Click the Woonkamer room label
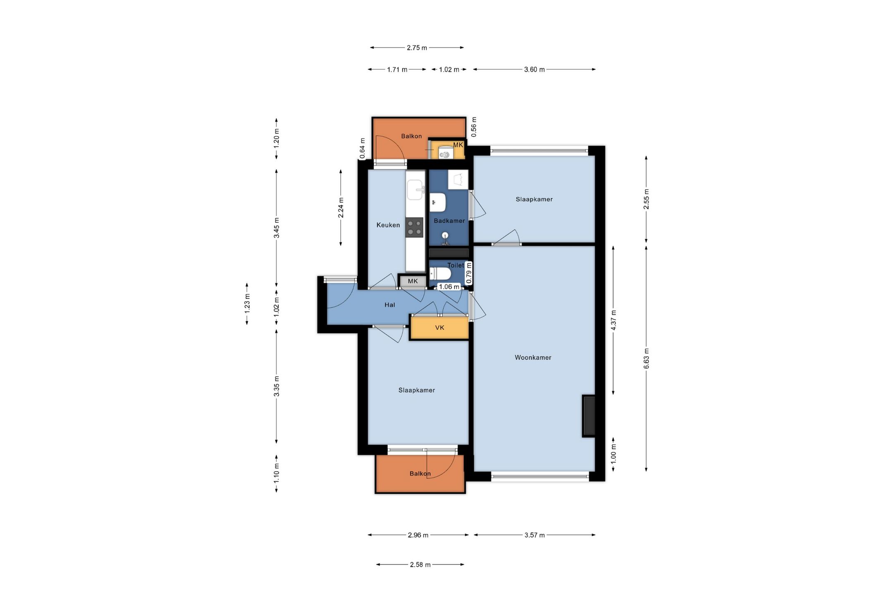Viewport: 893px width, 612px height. point(533,357)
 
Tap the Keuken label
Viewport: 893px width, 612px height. point(388,225)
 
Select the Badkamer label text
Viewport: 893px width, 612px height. point(449,221)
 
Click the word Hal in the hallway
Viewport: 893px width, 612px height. point(390,305)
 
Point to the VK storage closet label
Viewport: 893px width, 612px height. point(439,328)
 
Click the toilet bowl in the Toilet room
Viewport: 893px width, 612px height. point(440,274)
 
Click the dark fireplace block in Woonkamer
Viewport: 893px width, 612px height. point(589,416)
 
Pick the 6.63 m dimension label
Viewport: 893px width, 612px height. point(647,359)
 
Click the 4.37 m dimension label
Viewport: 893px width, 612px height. point(614,320)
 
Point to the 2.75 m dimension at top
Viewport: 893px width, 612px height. point(417,48)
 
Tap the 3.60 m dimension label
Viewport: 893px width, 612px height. point(535,70)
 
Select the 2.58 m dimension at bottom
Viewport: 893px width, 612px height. point(420,564)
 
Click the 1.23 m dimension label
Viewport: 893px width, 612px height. point(247,304)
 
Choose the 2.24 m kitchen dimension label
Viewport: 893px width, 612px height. point(341,207)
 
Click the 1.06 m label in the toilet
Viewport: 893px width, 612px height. point(449,287)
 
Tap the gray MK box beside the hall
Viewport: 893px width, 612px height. point(413,281)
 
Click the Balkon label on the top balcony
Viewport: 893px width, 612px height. point(411,136)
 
